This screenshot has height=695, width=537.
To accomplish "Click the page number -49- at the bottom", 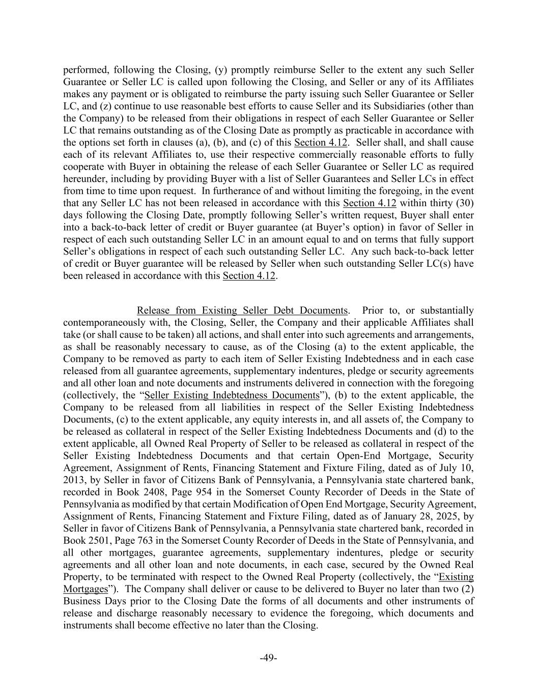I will [x=268, y=658].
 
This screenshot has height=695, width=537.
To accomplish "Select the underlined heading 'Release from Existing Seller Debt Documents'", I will [x=242, y=310].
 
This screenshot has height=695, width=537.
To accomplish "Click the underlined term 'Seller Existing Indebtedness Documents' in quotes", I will [x=232, y=395].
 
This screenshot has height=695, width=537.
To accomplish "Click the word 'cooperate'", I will [x=83, y=166].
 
